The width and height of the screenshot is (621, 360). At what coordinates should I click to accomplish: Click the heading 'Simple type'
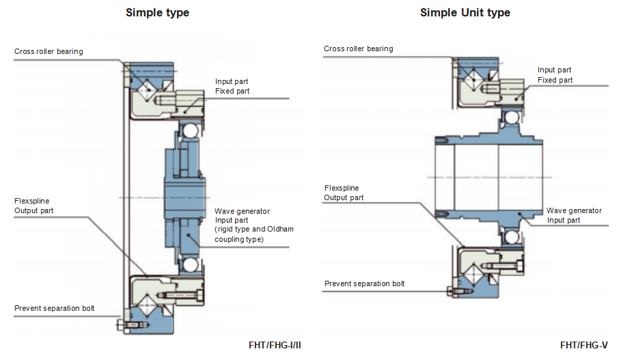tap(157, 12)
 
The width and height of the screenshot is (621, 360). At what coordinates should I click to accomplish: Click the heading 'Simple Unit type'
tap(465, 12)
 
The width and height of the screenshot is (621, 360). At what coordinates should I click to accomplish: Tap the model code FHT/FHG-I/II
tap(275, 345)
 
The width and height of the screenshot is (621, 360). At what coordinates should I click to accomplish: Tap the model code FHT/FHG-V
tap(583, 345)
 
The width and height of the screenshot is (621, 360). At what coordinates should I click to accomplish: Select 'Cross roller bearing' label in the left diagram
tap(49, 51)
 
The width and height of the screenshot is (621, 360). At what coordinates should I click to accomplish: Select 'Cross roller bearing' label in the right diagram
tap(358, 49)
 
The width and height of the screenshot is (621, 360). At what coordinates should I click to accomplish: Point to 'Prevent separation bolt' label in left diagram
tap(55, 308)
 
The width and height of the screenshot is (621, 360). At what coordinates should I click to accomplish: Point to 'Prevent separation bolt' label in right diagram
tap(364, 283)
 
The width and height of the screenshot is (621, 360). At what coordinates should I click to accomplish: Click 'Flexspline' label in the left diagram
tap(31, 201)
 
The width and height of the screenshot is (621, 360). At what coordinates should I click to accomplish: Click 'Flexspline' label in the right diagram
tap(341, 188)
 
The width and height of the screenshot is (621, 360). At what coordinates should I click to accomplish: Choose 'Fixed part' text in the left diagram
tap(232, 91)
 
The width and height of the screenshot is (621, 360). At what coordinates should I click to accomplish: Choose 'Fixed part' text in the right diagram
tap(555, 80)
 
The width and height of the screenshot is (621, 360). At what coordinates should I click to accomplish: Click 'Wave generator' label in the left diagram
tap(242, 211)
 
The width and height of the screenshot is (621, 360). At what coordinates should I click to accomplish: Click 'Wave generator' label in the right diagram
tap(574, 210)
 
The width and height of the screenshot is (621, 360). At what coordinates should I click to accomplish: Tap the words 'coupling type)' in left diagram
tap(239, 239)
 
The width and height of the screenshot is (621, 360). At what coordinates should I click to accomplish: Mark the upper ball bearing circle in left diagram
tap(190, 129)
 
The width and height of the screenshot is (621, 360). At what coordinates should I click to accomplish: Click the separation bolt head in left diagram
tap(121, 324)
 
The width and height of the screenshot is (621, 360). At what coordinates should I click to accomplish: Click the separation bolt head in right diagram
tap(450, 292)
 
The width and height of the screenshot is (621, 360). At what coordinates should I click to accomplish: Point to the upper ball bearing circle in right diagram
tap(510, 118)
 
